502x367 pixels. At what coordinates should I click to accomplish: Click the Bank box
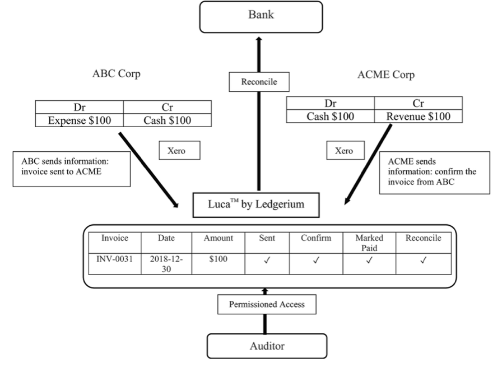261,17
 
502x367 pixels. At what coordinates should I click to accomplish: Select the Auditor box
267,346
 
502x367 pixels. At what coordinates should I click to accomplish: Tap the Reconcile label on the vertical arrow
259,82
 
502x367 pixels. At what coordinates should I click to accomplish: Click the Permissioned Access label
267,304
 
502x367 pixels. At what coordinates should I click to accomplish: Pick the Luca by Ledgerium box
256,205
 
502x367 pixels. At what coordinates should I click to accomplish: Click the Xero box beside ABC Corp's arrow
180,151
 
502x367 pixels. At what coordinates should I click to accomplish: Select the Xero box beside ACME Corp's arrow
346,151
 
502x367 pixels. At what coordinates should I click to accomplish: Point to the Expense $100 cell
80,120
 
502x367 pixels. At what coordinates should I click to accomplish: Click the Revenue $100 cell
418,116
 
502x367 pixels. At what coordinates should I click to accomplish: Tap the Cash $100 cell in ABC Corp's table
167,120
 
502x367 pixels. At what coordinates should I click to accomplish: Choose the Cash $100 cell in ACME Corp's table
330,116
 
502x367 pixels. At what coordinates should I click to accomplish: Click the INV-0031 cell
115,264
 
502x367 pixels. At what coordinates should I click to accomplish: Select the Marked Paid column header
369,243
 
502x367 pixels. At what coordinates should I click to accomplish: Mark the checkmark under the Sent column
267,260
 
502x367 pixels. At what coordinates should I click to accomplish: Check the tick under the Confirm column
316,260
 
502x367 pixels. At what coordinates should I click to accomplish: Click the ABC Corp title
116,73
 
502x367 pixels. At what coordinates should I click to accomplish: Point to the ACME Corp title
386,75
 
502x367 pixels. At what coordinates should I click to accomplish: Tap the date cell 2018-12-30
166,264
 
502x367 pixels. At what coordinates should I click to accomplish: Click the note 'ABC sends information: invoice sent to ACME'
72,169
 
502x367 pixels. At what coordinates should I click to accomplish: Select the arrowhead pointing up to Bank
259,39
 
